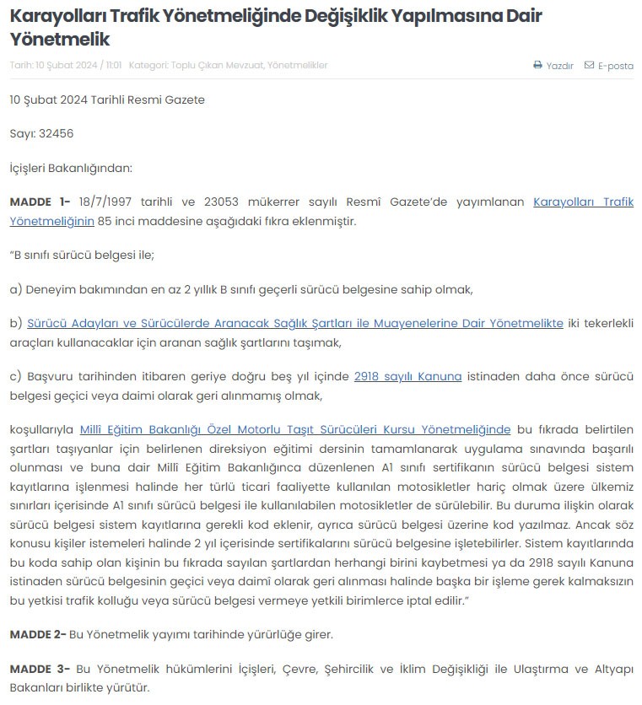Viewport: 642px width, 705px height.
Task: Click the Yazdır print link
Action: coord(559,66)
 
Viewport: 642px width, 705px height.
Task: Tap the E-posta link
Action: coord(615,66)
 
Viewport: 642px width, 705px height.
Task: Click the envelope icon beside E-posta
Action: coord(589,66)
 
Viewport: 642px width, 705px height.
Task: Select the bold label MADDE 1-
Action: coord(40,202)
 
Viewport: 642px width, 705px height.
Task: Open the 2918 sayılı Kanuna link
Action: coord(407,377)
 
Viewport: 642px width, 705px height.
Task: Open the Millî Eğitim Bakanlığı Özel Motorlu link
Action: coord(294,429)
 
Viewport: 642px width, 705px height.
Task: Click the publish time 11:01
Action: coord(115,66)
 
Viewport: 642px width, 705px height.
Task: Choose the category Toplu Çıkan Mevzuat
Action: coord(216,66)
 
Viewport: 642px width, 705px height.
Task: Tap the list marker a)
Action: coord(15,289)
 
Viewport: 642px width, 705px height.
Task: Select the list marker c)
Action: coord(15,377)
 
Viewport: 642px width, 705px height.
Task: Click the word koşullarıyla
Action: coord(42,429)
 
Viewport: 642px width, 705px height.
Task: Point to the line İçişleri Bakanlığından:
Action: coord(71,168)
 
